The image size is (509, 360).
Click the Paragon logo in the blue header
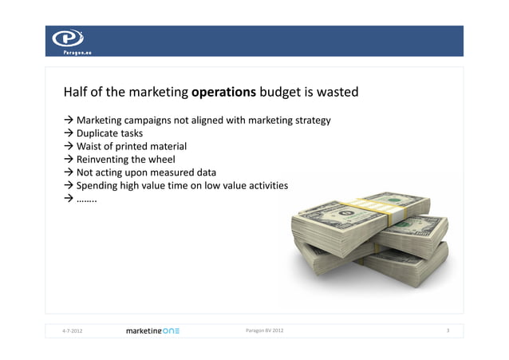[68, 40]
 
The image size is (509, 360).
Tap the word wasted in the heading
[337, 93]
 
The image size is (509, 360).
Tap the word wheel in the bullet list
[160, 159]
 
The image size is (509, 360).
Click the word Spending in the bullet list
[97, 185]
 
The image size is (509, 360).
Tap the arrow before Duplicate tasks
[69, 133]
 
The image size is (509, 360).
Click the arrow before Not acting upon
[69, 172]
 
